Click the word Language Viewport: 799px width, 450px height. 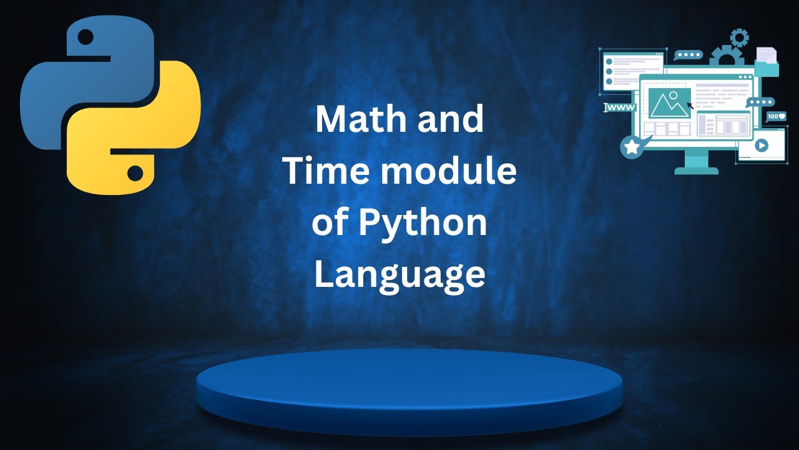point(399,275)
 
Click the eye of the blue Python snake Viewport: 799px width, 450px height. point(86,37)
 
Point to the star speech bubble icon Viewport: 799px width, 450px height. point(632,147)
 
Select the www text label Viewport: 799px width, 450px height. point(620,107)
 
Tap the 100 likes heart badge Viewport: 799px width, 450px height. point(777,116)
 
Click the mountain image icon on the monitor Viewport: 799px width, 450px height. point(669,103)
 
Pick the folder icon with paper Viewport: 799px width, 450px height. point(767,62)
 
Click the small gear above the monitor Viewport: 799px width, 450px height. point(739,37)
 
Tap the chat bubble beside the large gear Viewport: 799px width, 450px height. point(689,55)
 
